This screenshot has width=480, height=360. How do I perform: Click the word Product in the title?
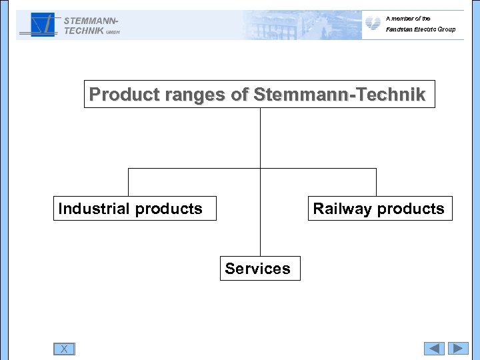pos(123,95)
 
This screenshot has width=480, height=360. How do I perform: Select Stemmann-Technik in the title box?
pos(339,95)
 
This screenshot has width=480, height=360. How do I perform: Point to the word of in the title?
pos(239,95)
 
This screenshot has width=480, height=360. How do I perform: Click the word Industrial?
pos(94,209)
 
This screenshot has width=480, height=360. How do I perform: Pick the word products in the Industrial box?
pos(169,209)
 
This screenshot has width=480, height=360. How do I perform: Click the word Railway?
pos(343,209)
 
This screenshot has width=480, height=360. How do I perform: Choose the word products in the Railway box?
pos(411,209)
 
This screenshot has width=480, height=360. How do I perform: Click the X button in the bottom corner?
pos(64,349)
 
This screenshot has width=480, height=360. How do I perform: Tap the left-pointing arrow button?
pos(434,349)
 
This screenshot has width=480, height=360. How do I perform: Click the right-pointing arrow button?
pos(458,349)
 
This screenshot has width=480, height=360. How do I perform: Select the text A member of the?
pos(408,19)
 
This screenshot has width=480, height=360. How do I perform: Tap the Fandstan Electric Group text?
pos(420,29)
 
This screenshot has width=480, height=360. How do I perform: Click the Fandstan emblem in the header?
pos(373,24)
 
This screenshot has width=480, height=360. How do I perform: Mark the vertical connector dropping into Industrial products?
pos(128,182)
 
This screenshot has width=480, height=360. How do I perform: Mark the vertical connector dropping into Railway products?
pos(376,182)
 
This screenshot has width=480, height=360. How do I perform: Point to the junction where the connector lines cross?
pos(260,169)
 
